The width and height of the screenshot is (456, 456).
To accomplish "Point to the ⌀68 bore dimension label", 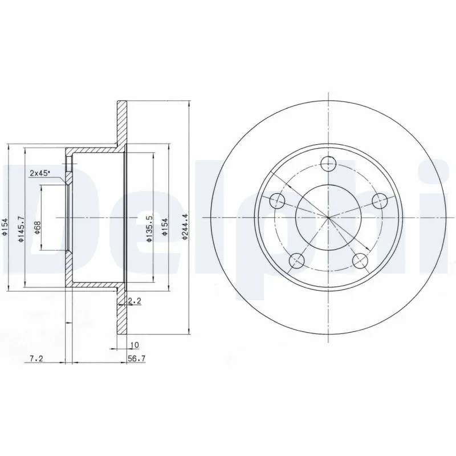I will point(37,229).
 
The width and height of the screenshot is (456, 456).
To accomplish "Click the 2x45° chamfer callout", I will point(40,172).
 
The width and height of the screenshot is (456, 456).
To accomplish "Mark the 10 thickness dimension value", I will point(135,345).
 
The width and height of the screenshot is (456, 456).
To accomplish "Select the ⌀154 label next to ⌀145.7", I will point(6,229).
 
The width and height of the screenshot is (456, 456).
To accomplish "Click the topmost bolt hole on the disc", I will point(328,164).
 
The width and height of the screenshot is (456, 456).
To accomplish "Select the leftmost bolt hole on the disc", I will point(276,201).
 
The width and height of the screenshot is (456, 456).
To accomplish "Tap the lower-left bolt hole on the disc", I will point(296,261).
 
